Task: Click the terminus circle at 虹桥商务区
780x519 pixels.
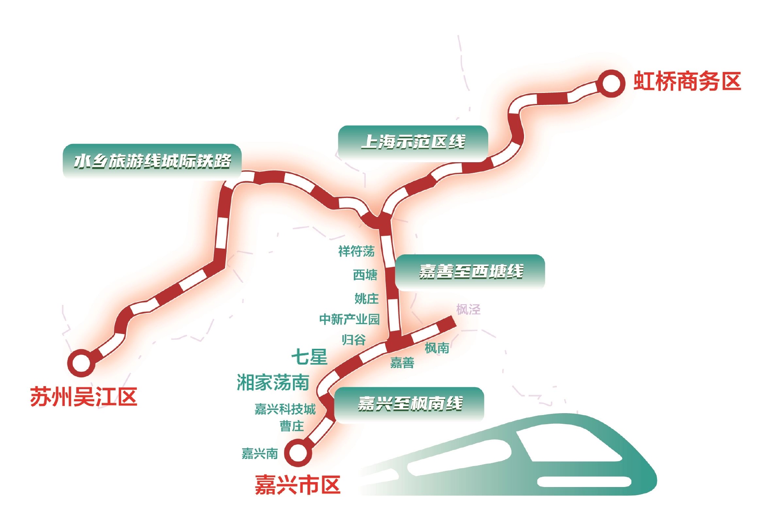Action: click(611, 83)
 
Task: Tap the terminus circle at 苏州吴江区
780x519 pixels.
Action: click(81, 363)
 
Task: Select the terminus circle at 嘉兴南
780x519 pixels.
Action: click(298, 453)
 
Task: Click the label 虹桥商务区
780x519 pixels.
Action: click(687, 81)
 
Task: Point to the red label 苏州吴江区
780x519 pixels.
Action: click(83, 397)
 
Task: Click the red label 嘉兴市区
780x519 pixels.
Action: click(297, 485)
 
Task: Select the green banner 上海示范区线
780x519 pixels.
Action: click(413, 142)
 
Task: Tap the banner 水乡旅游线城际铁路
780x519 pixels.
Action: click(152, 161)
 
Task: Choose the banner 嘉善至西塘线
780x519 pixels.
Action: click(470, 271)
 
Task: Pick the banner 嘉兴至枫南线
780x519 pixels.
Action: click(409, 404)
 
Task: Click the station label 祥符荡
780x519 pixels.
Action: click(356, 251)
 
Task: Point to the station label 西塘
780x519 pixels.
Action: click(365, 275)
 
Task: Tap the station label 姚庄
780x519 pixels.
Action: click(366, 299)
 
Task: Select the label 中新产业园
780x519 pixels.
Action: click(349, 319)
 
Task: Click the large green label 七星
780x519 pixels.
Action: click(309, 357)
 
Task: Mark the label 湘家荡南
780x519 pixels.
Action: click(273, 382)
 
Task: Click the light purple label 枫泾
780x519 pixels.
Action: click(468, 309)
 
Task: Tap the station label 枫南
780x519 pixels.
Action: click(437, 348)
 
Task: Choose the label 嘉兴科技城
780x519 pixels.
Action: click(285, 409)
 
